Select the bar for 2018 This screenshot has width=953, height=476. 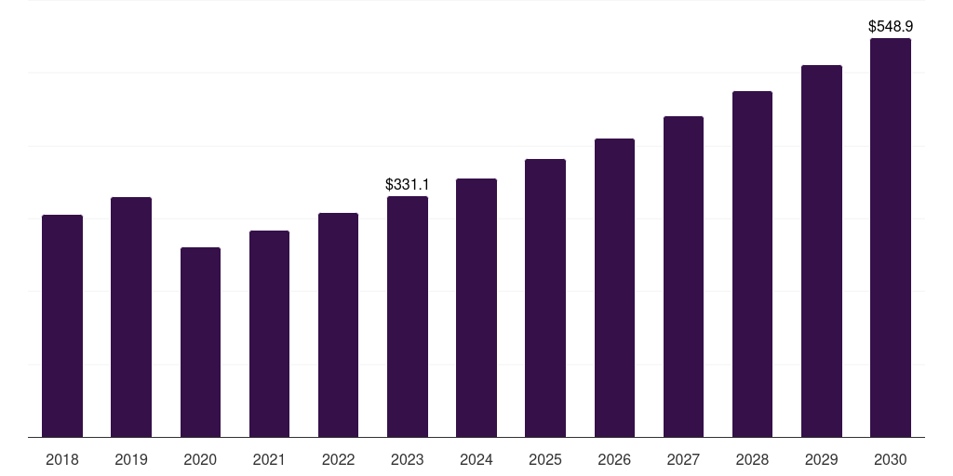coord(62,325)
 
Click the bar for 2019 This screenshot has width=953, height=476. coord(131,317)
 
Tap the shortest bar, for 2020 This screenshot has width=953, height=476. coord(200,342)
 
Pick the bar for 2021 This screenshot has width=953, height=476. coord(269,334)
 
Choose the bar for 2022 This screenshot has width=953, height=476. coord(338,324)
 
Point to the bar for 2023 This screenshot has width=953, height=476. coord(408,316)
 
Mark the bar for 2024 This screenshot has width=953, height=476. coord(476,308)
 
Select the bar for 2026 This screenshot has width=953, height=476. coord(614,287)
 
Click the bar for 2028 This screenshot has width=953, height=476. coord(752,264)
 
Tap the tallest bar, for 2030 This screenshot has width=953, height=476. coord(891,237)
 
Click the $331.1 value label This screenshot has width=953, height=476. coord(408,185)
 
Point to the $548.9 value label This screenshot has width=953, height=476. coord(891,27)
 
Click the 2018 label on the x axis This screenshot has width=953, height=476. coord(62,459)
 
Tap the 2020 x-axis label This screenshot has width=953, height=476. coord(200,459)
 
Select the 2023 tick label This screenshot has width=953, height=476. coord(408,459)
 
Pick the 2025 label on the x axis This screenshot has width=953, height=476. coord(545,459)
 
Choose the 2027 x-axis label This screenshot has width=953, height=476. coord(683,459)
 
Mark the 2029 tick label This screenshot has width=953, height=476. coord(822,459)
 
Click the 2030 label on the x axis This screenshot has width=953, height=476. coord(891,459)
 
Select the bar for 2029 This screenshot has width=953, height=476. coord(822,251)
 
